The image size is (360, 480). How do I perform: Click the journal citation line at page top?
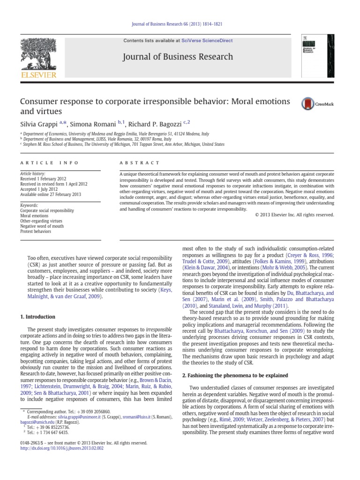pos(180,30)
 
